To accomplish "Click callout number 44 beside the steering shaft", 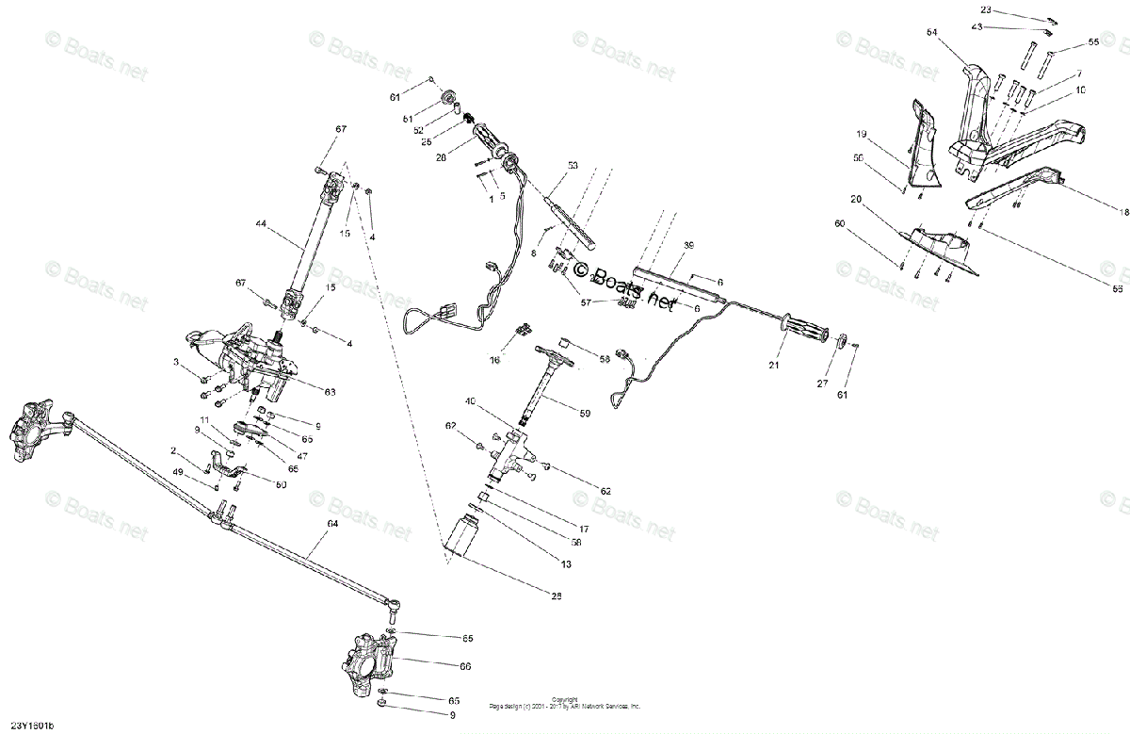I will point(261,223).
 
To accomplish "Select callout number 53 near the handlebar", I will point(572,165).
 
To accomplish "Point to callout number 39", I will point(688,245).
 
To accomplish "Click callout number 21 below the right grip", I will point(774,365).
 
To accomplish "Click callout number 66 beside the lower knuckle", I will point(465,666).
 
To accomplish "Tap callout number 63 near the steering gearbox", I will point(330,392).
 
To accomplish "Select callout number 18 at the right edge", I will point(1123,213).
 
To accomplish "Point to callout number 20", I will point(856,199).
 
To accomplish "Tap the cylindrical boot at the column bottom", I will point(465,533).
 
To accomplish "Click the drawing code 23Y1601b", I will point(32,725).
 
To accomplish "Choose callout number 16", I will point(495,360).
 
